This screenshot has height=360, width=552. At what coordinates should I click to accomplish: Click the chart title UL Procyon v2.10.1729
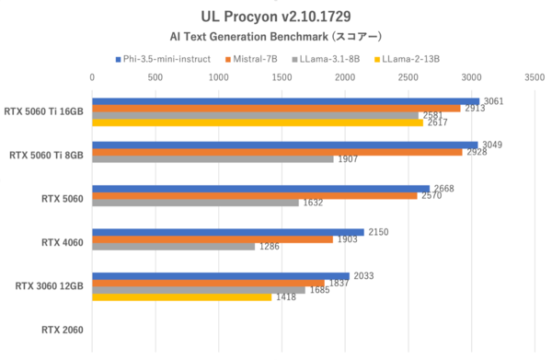click(275, 17)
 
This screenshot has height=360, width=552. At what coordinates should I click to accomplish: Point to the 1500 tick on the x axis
click(282, 79)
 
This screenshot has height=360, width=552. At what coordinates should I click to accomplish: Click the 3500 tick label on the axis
click(534, 79)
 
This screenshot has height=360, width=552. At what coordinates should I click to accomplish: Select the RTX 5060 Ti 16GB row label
click(42, 111)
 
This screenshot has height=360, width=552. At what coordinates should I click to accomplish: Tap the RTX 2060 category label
click(63, 329)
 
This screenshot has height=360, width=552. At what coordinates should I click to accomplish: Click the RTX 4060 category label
click(63, 242)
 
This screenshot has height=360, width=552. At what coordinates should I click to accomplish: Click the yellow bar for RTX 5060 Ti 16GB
click(258, 122)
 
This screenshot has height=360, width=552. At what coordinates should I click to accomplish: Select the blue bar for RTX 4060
click(228, 232)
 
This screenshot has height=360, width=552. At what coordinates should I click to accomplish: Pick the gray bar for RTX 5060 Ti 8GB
click(213, 159)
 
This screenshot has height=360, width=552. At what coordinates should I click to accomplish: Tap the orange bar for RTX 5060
click(255, 195)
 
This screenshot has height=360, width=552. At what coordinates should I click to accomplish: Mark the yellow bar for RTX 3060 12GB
click(182, 297)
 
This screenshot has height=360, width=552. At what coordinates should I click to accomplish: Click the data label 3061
click(493, 101)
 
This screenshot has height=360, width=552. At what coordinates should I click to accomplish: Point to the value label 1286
click(269, 247)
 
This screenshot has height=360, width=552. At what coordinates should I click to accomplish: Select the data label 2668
click(443, 189)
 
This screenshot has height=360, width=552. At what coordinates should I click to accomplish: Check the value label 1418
click(285, 297)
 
